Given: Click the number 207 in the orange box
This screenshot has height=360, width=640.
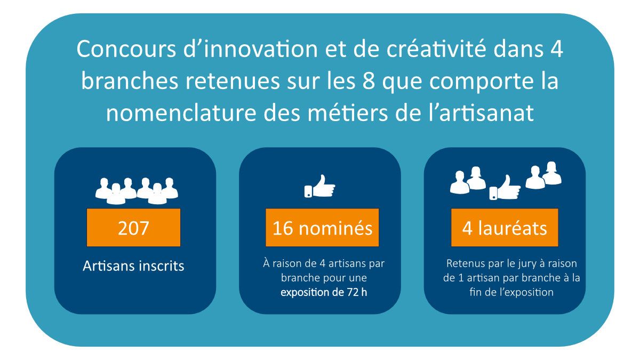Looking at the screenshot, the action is coord(133,228).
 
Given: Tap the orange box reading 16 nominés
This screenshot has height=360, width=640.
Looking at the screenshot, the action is coord(322,227).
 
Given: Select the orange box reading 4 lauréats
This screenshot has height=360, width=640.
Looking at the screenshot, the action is coord(505,227).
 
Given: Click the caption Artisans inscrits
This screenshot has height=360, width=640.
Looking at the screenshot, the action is coord(133,266).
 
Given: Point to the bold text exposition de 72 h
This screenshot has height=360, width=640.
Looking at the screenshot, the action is coord(324,292).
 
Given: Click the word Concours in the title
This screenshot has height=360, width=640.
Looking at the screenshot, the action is coord(126,49).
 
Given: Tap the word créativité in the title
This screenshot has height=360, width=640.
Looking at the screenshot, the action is coord(436,49).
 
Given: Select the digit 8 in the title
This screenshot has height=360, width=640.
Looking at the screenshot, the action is coord(369,81).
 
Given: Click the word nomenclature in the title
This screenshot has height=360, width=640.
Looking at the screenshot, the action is coord(181,113).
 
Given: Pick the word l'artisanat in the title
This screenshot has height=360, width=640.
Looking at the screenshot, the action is coord(482,113).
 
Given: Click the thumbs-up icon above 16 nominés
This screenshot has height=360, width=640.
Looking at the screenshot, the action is coord(319,186).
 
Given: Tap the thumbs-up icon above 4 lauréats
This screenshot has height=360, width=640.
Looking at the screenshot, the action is coord(505,187).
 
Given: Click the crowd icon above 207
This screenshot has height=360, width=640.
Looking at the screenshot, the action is coord(137,191).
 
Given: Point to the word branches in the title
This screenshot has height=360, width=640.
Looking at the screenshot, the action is coord(130,81).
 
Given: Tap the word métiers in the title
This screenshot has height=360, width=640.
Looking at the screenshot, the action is coord(347,113).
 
